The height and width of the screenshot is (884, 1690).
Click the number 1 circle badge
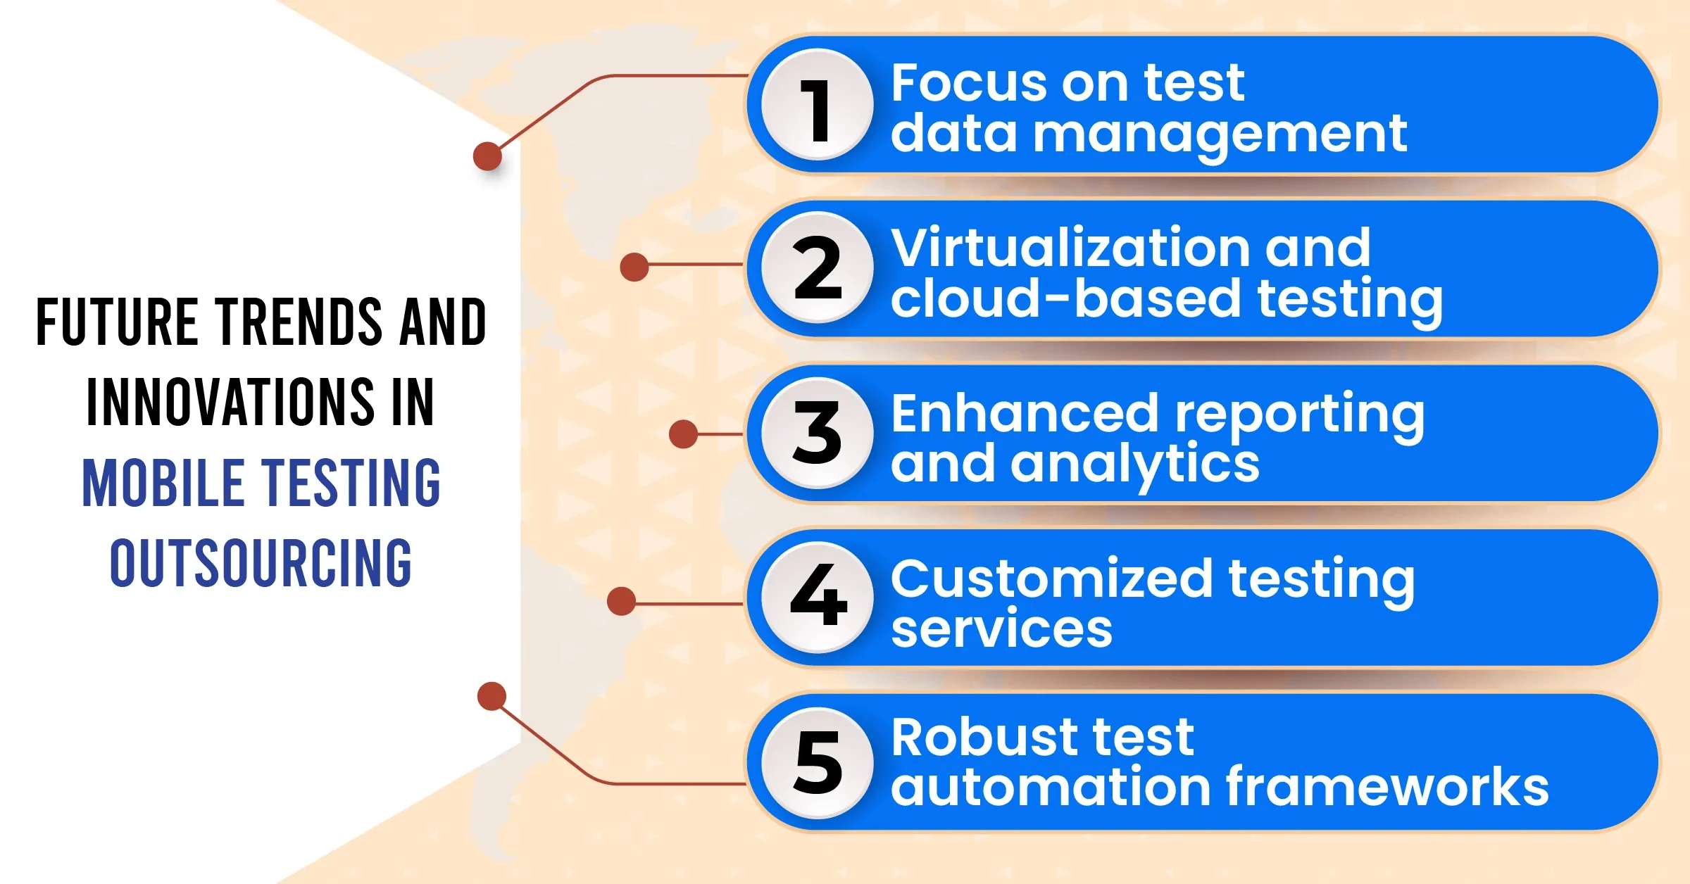(818, 105)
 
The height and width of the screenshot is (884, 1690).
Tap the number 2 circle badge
(818, 268)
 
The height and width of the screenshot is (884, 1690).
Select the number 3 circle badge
(818, 433)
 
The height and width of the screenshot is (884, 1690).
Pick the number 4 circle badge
(818, 598)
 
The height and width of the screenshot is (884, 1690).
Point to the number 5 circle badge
(818, 763)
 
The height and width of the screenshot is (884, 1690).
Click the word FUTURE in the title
(117, 322)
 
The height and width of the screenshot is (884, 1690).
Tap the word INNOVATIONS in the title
(230, 403)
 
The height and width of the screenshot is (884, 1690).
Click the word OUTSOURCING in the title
(261, 563)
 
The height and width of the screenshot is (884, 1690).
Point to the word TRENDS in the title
(299, 322)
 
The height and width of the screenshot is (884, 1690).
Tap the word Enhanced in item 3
(1025, 413)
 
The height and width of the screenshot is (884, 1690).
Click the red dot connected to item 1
(487, 156)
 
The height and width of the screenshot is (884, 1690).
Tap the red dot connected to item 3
(683, 434)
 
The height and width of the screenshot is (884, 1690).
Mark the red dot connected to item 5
(492, 696)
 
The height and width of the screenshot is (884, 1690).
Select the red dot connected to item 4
(621, 602)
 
